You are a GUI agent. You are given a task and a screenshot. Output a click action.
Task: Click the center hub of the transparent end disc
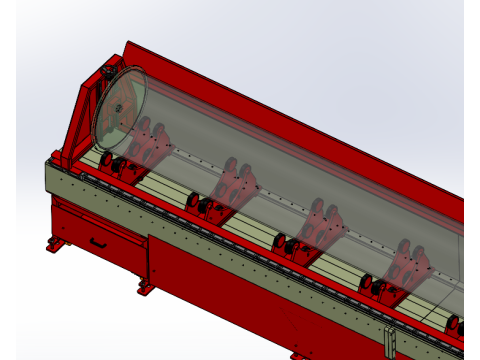tap(117, 107)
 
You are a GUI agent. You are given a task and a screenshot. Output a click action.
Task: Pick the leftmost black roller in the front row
tap(102, 164)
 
